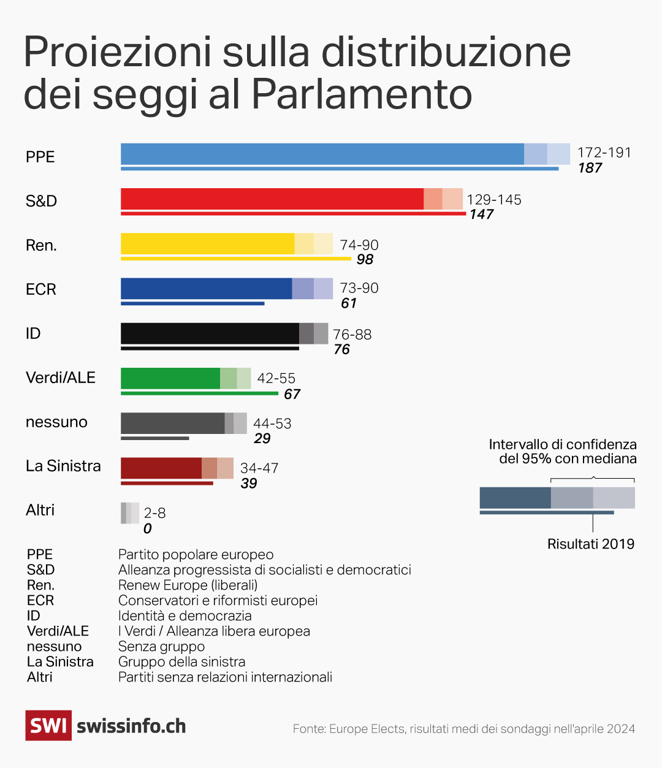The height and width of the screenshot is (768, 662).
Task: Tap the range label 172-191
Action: coord(604,153)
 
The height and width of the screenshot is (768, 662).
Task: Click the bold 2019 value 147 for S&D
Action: coord(481,215)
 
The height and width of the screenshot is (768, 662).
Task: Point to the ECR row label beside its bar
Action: coord(41,289)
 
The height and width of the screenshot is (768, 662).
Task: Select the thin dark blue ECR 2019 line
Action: coord(192,303)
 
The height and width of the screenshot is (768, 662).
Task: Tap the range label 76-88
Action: coord(352,335)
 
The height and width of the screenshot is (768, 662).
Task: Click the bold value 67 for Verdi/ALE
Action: coord(292,394)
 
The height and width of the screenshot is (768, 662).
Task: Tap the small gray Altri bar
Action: coord(129,513)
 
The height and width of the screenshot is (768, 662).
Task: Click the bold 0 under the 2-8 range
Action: coord(147,528)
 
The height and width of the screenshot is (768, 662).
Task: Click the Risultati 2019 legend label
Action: coord(590,544)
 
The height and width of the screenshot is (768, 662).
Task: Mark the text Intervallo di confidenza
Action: coord(562,444)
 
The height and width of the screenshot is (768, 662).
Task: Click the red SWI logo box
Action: coord(48,726)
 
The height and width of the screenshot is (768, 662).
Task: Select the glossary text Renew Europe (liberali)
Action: coord(188,585)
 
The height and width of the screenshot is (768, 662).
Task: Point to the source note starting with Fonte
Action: coord(463,729)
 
